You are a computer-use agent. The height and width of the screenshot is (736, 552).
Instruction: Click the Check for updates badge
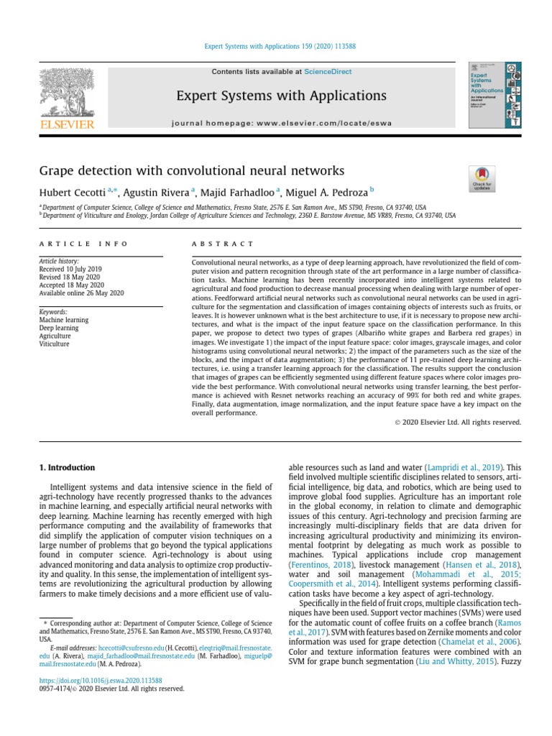(x=481, y=178)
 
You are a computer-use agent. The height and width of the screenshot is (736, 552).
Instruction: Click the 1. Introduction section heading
(x=67, y=468)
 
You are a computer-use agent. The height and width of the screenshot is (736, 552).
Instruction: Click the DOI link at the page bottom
(x=101, y=680)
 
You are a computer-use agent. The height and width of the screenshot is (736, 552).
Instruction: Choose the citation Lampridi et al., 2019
(x=459, y=466)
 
